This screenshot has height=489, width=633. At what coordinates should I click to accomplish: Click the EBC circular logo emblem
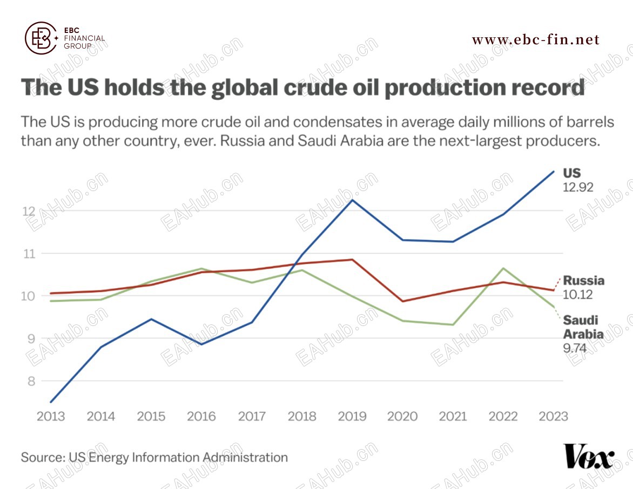[x=41, y=38]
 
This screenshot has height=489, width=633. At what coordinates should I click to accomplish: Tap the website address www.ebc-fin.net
[x=535, y=39]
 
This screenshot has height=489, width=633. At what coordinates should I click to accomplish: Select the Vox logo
[x=588, y=457]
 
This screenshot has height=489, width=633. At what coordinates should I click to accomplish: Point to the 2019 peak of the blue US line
[x=352, y=200]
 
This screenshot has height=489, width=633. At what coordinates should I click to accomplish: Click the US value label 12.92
[x=578, y=188]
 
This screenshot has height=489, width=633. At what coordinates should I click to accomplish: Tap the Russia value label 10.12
[x=578, y=295]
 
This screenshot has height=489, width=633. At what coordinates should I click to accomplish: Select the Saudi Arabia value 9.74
[x=575, y=348]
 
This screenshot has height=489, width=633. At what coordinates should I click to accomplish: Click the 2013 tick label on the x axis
[x=50, y=416]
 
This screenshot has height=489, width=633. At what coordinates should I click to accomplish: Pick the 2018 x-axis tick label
[x=302, y=416]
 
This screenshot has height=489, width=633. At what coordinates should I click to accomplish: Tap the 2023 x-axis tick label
[x=554, y=416]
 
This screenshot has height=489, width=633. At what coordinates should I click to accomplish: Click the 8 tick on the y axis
[x=30, y=381]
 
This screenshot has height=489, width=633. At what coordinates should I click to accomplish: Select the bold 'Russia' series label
[x=583, y=281]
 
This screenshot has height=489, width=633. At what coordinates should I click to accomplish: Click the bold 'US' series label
[x=572, y=173]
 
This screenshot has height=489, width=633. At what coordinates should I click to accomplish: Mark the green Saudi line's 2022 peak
[x=503, y=268]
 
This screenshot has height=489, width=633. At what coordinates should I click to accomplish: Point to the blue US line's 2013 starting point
[x=50, y=402]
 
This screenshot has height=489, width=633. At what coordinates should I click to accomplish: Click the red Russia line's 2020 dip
[x=402, y=301]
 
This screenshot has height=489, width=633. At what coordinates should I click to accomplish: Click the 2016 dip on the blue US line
[x=201, y=344]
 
